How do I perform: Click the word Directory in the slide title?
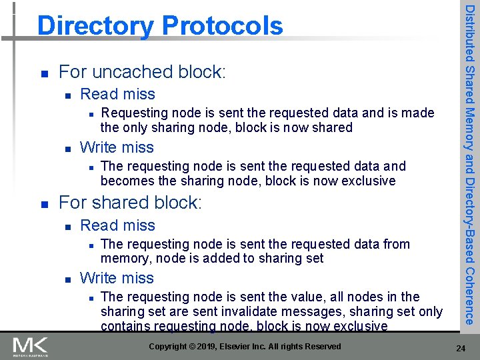click(93, 26)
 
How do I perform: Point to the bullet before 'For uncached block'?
click(43, 73)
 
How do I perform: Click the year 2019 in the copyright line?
click(217, 346)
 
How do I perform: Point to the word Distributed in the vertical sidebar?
click(470, 33)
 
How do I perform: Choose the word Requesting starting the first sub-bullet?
click(133, 113)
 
